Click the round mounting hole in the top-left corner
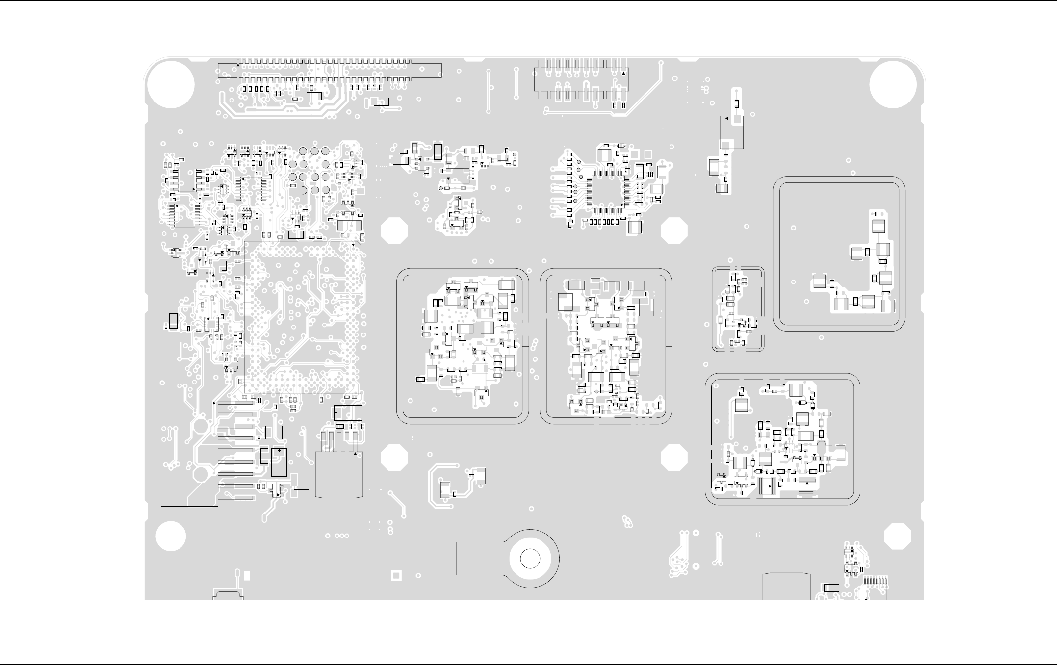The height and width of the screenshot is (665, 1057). point(171,84)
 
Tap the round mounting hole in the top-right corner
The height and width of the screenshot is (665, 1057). point(893,84)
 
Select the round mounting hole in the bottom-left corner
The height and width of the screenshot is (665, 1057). point(171,536)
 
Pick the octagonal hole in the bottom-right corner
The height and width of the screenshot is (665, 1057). point(898,536)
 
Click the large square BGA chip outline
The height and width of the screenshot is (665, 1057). point(303,316)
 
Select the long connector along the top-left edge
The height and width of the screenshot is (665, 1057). point(330,70)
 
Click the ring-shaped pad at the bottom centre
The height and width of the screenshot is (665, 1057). point(530,559)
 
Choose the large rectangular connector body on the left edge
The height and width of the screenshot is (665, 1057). point(189,450)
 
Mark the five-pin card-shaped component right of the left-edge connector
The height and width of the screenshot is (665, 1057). point(339,468)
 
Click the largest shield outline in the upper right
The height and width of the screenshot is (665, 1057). point(839,254)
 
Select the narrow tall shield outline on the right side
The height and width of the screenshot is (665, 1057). point(738,309)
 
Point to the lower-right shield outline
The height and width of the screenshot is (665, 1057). point(782,439)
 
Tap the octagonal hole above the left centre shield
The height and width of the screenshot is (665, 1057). point(394,231)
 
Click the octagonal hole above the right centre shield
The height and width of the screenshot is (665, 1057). point(674,231)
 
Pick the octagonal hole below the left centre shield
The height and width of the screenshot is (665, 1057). point(394,458)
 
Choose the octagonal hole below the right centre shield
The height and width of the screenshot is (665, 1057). point(674,458)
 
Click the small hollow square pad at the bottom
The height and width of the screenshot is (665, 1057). point(396,575)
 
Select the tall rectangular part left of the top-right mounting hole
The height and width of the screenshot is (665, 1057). point(731,132)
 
